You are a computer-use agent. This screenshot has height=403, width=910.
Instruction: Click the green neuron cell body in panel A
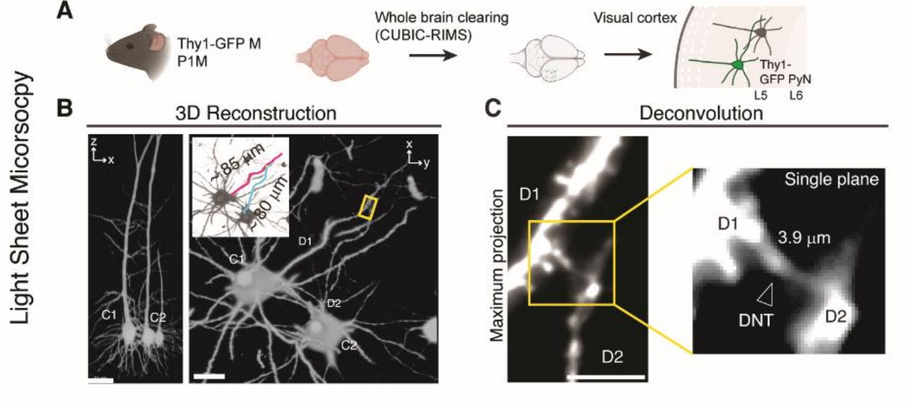[737, 65]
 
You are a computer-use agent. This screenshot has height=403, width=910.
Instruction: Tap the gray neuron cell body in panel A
[760, 30]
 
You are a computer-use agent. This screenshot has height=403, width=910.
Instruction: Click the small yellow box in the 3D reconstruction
[370, 207]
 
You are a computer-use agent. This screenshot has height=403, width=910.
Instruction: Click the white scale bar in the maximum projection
[605, 377]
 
